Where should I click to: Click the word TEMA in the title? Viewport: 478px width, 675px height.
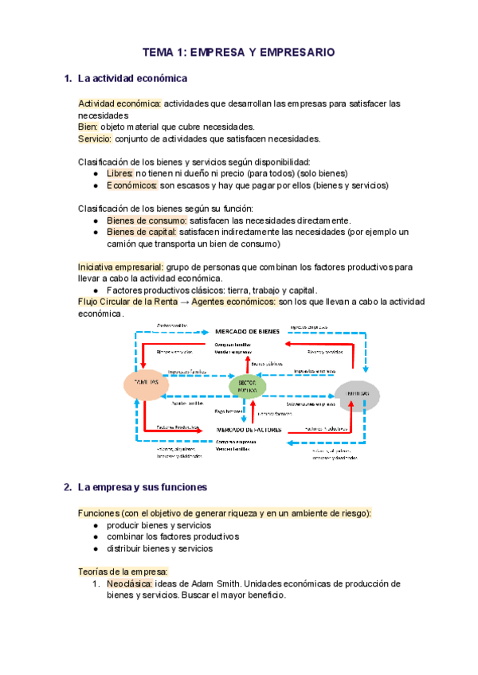[x=157, y=52]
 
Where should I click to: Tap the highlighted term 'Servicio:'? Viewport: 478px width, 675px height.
[x=95, y=139]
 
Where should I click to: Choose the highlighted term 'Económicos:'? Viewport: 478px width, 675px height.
[x=132, y=185]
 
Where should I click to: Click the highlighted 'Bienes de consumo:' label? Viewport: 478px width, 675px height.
[x=147, y=220]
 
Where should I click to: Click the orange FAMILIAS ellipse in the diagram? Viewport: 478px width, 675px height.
[x=144, y=384]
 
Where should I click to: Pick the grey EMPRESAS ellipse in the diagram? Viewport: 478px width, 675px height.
[x=355, y=394]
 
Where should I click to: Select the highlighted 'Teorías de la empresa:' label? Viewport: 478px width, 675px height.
[x=122, y=572]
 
